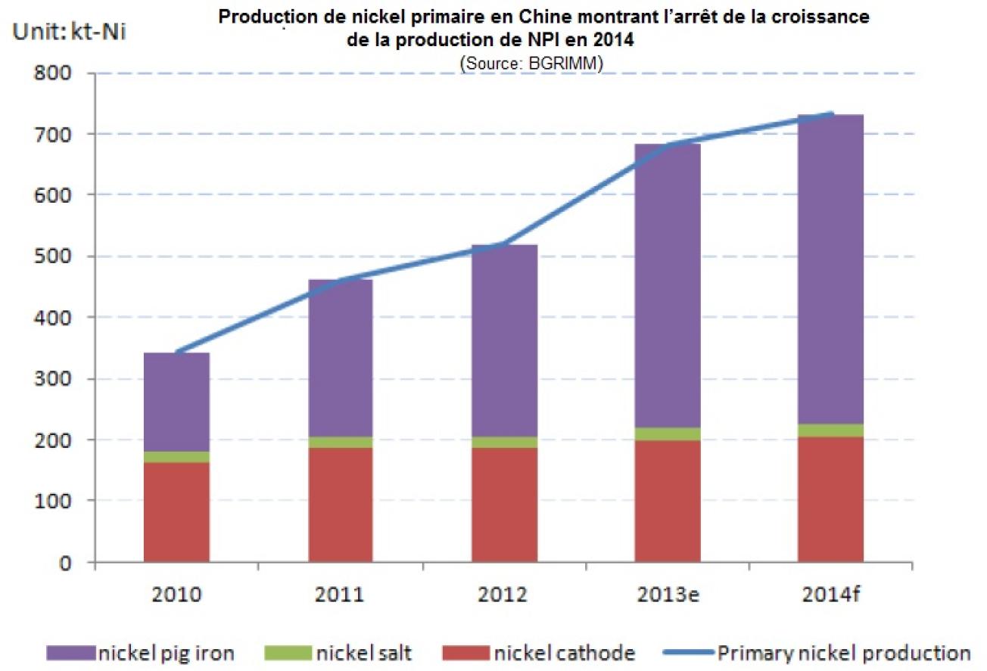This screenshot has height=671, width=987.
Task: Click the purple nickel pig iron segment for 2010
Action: pyautogui.click(x=176, y=402)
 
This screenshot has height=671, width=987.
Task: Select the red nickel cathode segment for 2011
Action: pyautogui.click(x=341, y=504)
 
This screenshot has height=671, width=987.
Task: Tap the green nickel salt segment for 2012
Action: pyautogui.click(x=505, y=442)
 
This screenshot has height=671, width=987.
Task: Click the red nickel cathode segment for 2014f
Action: pyautogui.click(x=831, y=499)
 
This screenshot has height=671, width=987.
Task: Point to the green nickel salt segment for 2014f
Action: pyautogui.click(x=831, y=430)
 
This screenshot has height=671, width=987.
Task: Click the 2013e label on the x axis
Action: pyautogui.click(x=668, y=594)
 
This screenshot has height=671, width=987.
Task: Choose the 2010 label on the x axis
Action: pyautogui.click(x=176, y=594)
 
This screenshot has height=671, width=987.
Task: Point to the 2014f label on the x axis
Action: pyautogui.click(x=831, y=594)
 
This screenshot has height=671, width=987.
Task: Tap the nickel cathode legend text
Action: pyautogui.click(x=564, y=653)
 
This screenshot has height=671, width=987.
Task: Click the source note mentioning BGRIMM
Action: pyautogui.click(x=530, y=65)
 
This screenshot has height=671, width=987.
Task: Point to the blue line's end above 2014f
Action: pyautogui.click(x=832, y=113)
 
